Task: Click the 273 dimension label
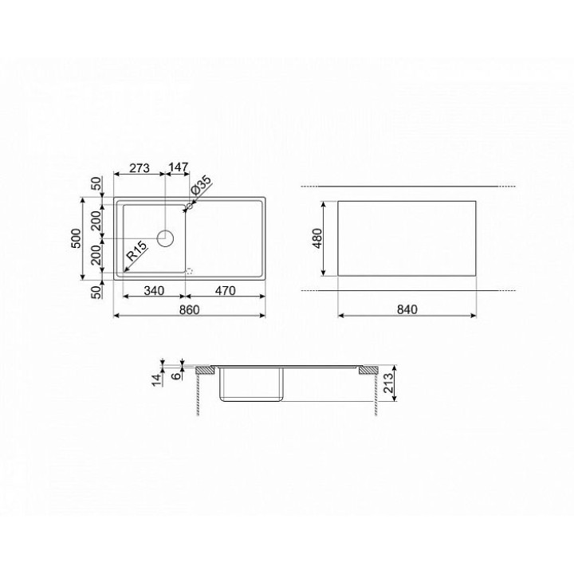(140, 167)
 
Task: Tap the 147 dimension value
(179, 167)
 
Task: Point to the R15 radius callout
(136, 251)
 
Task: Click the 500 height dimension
(76, 238)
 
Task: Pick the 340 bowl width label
(154, 291)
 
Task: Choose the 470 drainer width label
(225, 291)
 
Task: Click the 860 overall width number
(189, 309)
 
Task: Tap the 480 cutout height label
(317, 238)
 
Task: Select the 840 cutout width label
(407, 309)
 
